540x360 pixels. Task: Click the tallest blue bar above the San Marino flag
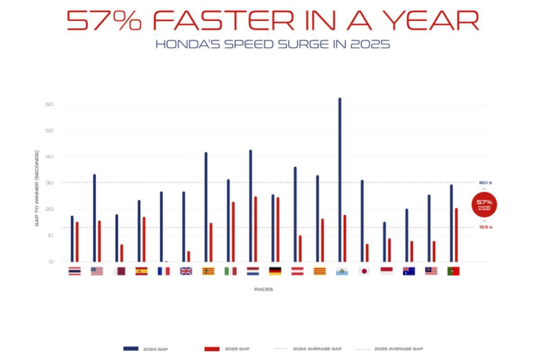tap(340, 180)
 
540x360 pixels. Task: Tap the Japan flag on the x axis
tap(364, 271)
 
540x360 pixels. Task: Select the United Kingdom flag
tap(186, 271)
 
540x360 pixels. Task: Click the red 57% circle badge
tap(484, 204)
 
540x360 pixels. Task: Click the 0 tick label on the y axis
tap(51, 261)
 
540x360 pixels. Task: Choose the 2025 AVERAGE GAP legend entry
tap(389, 349)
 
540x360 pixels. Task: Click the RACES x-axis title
tap(263, 289)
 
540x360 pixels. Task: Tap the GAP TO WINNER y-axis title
tap(37, 188)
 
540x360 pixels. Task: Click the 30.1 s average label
tap(485, 183)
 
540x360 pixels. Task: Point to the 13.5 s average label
tap(485, 227)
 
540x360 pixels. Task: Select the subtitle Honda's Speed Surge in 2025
tap(272, 45)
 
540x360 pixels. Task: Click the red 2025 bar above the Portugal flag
tap(456, 235)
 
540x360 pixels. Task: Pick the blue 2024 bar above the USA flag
tap(94, 218)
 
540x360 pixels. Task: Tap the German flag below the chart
tap(275, 271)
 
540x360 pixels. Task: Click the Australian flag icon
tap(409, 271)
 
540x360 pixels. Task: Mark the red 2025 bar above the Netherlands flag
tap(255, 229)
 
